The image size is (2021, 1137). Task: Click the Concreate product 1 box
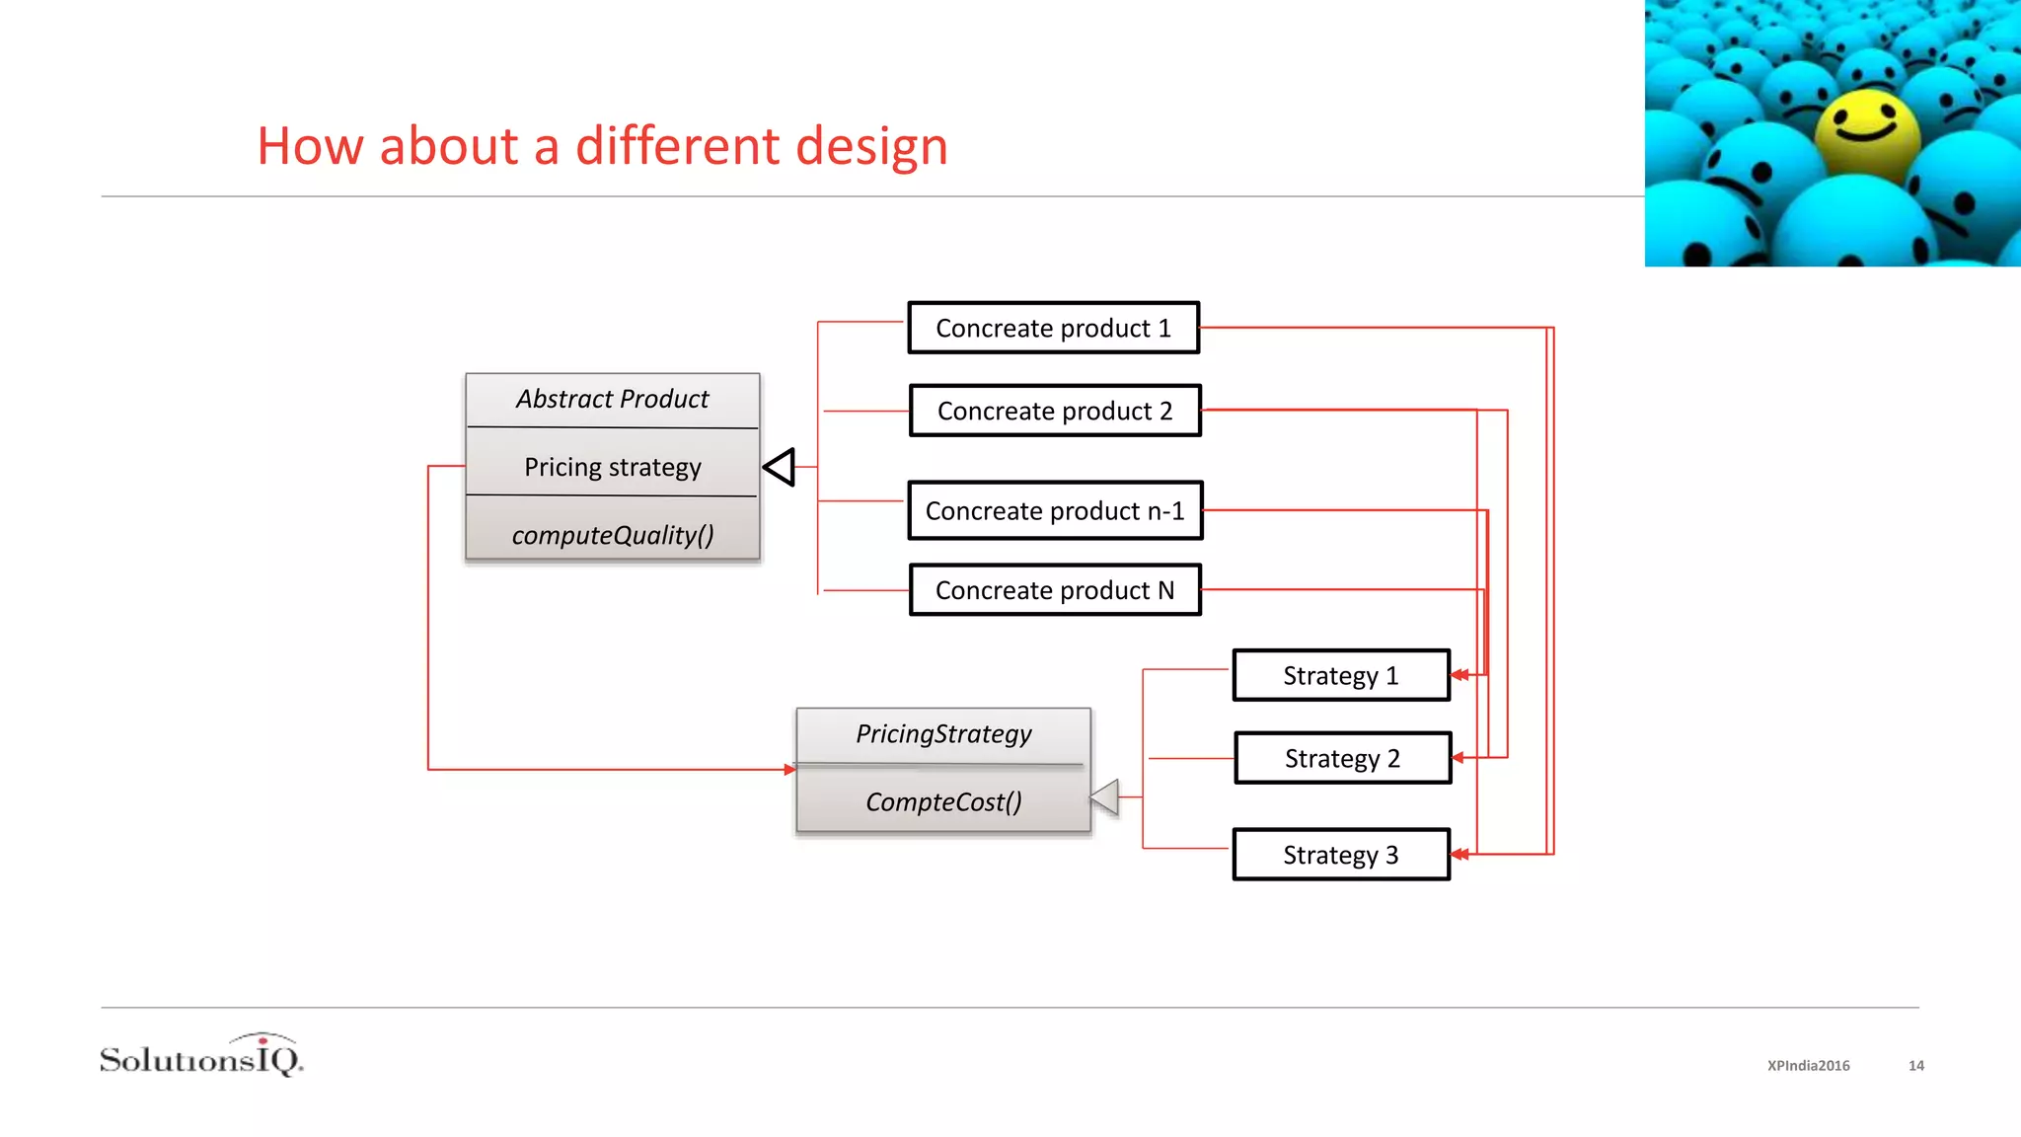(1053, 328)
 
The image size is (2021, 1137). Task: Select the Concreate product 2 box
(1055, 411)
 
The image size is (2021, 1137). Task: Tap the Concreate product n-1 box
(1055, 510)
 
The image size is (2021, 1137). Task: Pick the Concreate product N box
(1055, 590)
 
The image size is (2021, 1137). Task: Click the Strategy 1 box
(1341, 675)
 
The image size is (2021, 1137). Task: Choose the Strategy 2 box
(1342, 758)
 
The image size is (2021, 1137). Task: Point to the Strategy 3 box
(1341, 855)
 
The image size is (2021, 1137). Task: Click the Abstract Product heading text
(612, 399)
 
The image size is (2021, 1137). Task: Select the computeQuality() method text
(612, 535)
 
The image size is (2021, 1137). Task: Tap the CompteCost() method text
(943, 801)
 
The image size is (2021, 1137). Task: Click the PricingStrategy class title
(943, 733)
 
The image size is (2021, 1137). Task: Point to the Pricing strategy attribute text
(612, 467)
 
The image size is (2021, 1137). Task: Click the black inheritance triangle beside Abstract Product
(781, 467)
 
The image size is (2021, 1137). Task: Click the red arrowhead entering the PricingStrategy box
(789, 769)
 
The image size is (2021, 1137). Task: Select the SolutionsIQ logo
(201, 1056)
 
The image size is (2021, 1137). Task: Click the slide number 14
(1916, 1066)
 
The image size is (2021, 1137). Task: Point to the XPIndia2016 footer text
(1808, 1066)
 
